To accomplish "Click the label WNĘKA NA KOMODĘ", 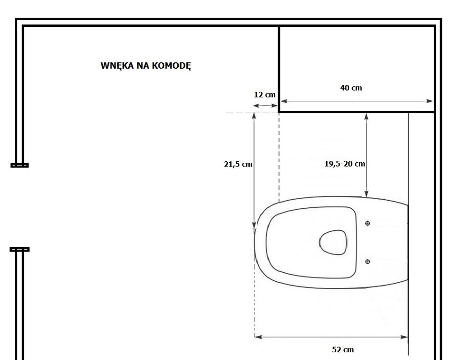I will [146, 66].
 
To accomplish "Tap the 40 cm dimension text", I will [351, 88].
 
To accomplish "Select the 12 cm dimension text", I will [265, 95].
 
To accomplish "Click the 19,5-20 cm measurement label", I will [344, 164].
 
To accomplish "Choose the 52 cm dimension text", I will [343, 350].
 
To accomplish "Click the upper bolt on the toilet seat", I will [368, 223].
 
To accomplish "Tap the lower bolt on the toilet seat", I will [368, 262].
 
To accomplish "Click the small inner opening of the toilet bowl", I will [333, 242].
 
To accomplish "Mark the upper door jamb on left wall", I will [20, 165].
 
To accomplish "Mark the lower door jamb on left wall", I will [20, 249].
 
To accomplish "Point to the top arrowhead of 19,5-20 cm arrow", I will [366, 116].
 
